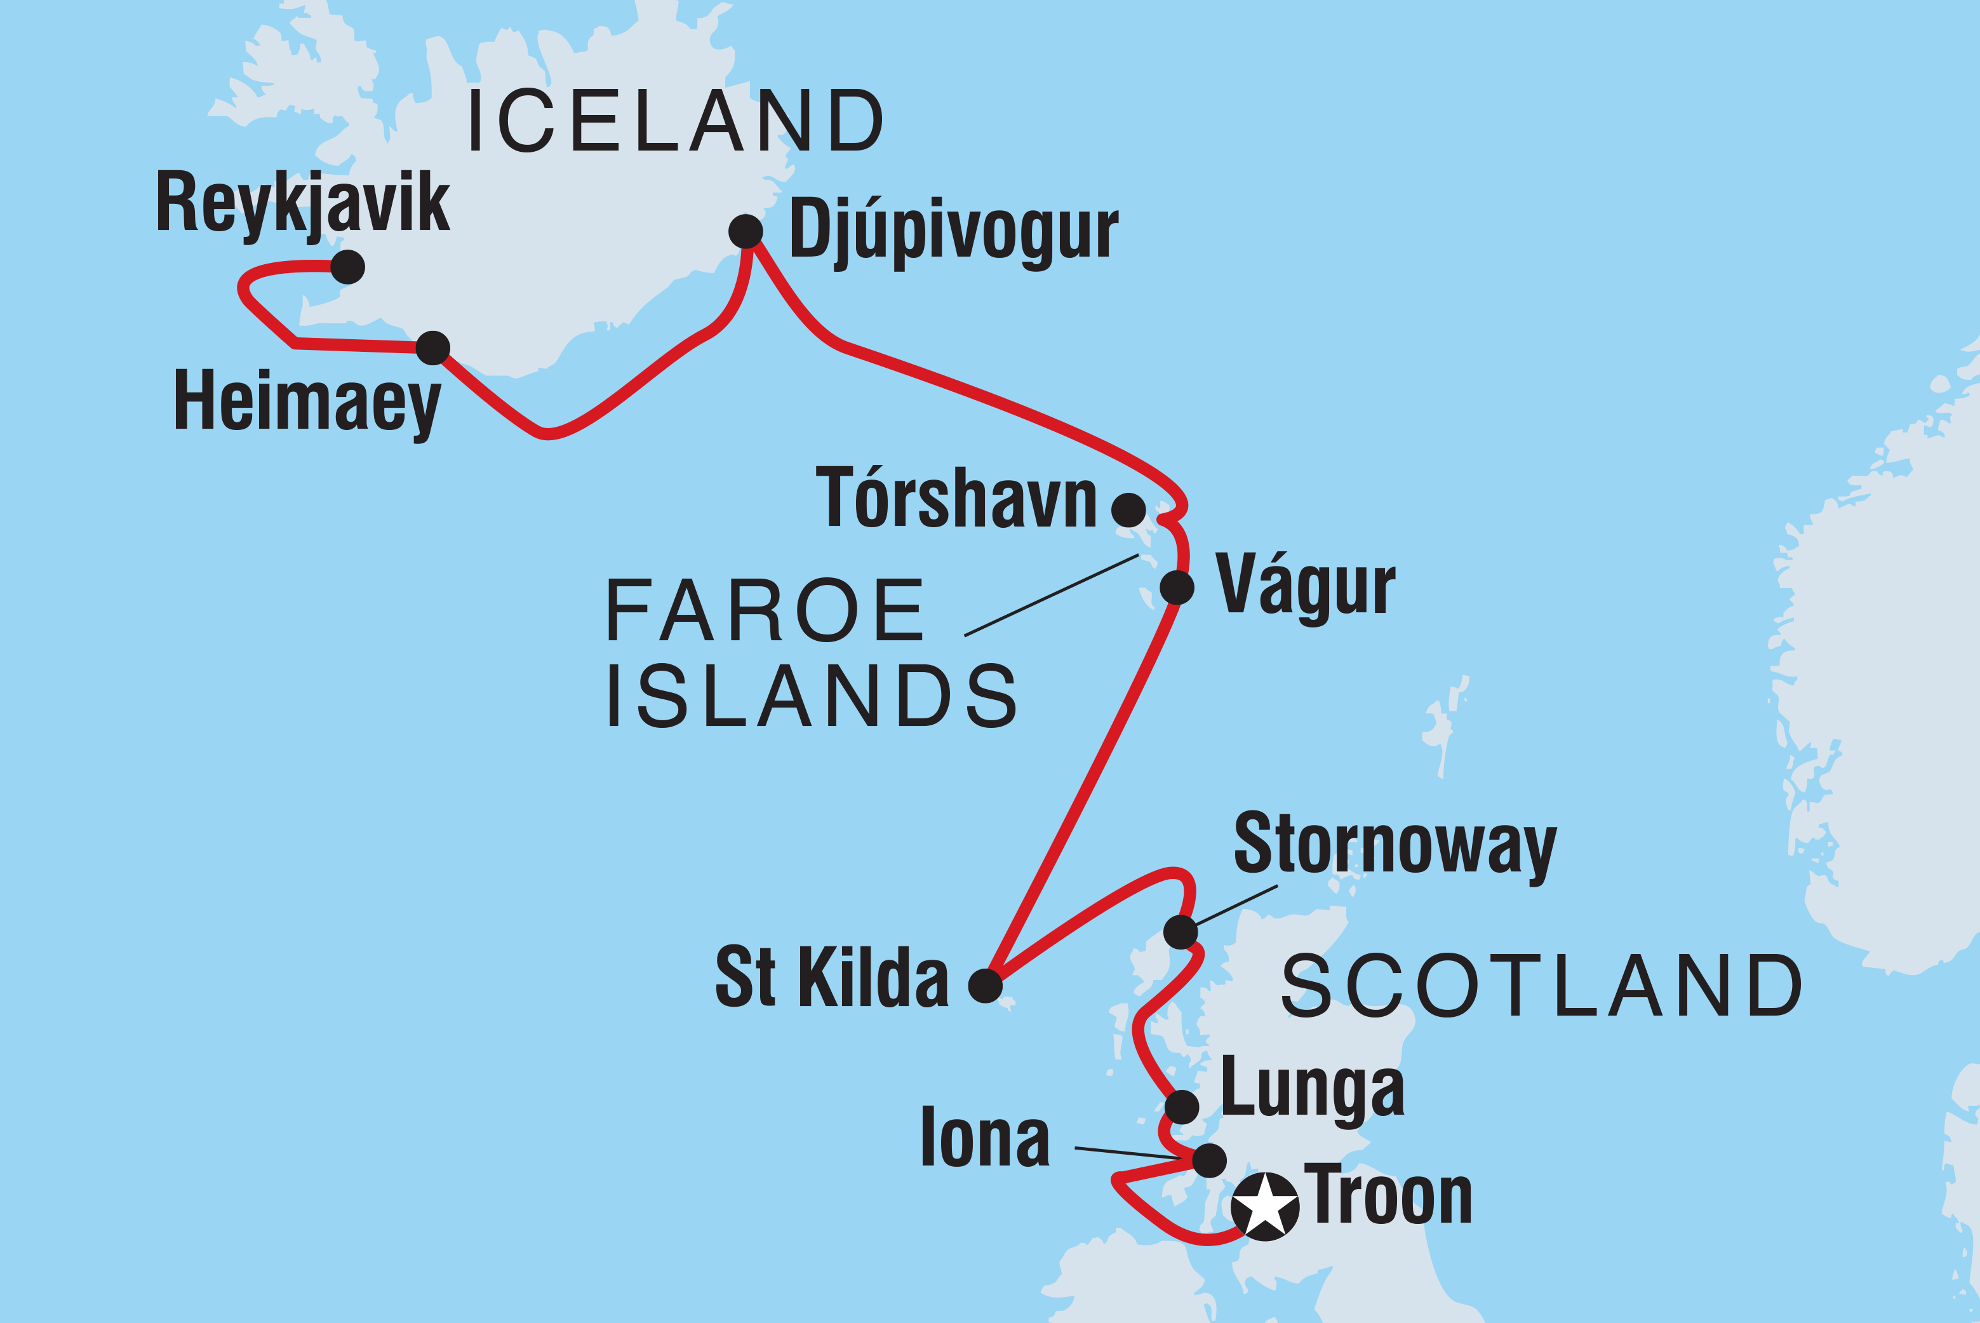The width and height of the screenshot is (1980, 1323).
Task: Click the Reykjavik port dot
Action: click(347, 267)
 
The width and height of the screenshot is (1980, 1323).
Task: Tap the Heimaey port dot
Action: click(433, 347)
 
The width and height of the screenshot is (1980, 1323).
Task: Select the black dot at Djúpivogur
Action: click(746, 231)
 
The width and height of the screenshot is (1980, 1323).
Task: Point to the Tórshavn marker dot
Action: click(1129, 509)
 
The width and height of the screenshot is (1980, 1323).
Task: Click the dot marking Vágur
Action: click(1177, 588)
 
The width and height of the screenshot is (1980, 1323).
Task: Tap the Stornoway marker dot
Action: click(1181, 932)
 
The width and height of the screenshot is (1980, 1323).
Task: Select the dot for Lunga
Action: click(1182, 1107)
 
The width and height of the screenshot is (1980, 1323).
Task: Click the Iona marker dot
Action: click(1210, 1160)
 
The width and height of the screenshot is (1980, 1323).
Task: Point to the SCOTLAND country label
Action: click(1542, 986)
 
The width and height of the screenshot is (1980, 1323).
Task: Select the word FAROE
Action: click(765, 611)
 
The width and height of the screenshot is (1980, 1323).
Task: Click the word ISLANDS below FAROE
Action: click(812, 696)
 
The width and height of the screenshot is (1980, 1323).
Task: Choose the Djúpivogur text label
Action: click(953, 231)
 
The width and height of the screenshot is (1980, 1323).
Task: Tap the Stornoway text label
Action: click(1395, 845)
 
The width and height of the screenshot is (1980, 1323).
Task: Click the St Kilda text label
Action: click(832, 977)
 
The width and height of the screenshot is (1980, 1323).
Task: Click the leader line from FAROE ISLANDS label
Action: click(1051, 595)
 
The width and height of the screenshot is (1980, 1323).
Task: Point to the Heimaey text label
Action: click(307, 403)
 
